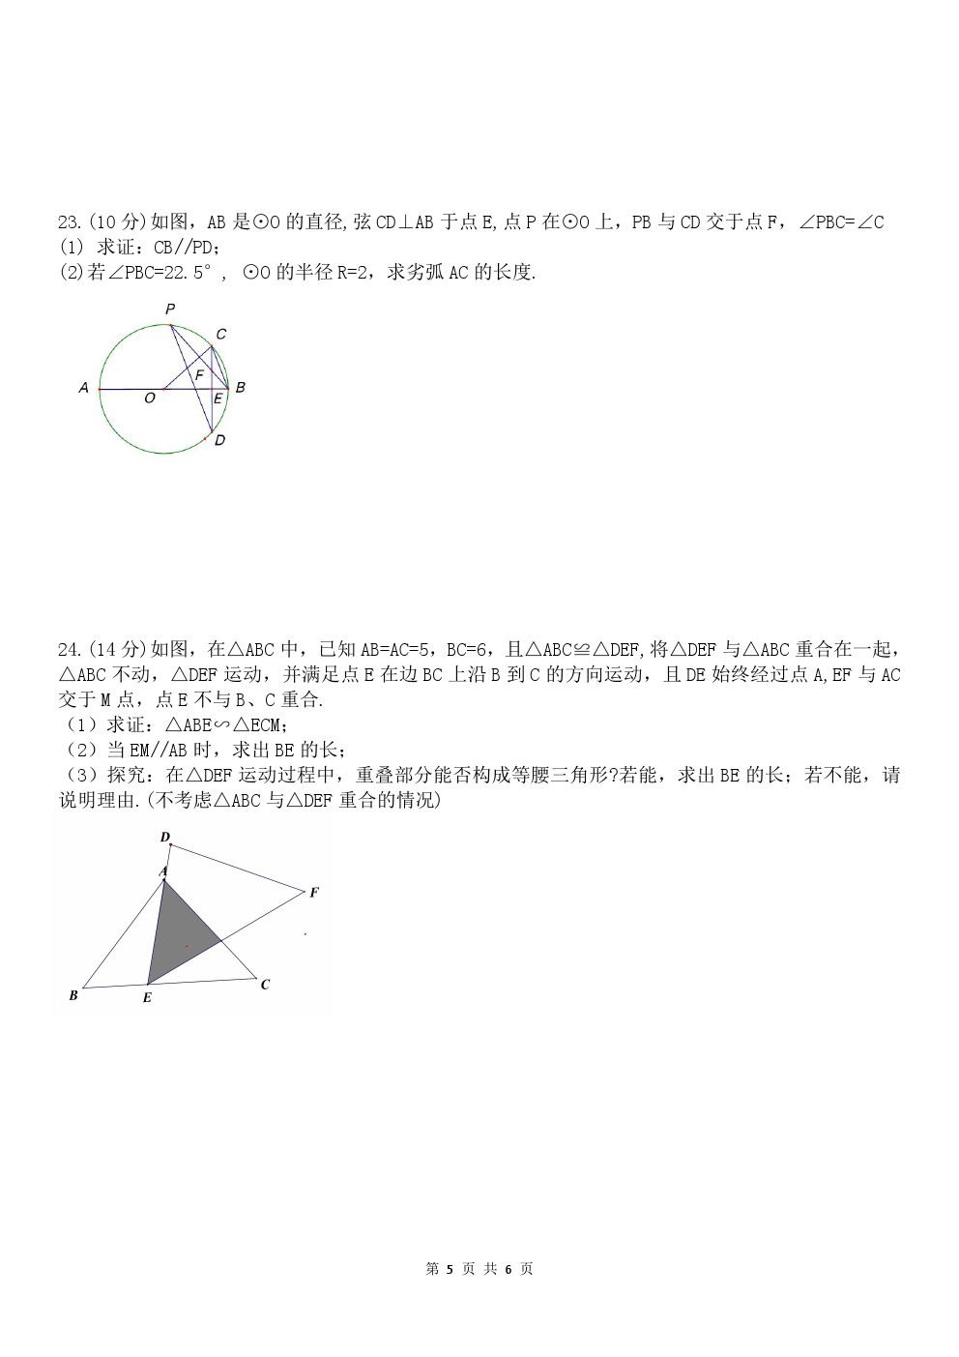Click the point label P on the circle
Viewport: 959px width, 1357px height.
(x=170, y=310)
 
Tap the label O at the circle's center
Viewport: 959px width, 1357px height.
(x=149, y=398)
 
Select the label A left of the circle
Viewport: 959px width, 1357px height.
(x=84, y=388)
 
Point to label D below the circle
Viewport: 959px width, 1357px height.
(x=219, y=440)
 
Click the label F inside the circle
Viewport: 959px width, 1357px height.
(x=199, y=374)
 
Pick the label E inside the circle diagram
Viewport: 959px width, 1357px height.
(x=218, y=398)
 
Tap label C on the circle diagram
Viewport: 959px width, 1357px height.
(x=220, y=335)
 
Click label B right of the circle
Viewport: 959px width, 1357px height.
(x=240, y=387)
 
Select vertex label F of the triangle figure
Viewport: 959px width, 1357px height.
(x=314, y=893)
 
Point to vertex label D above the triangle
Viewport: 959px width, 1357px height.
(x=165, y=838)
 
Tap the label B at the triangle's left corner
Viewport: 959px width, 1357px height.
(x=73, y=995)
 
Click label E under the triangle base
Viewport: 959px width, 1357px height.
(x=147, y=997)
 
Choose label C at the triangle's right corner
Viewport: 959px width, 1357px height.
(x=265, y=985)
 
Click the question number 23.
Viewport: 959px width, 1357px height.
(x=69, y=222)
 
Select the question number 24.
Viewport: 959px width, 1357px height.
(x=69, y=649)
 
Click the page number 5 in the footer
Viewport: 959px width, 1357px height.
(x=450, y=1269)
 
